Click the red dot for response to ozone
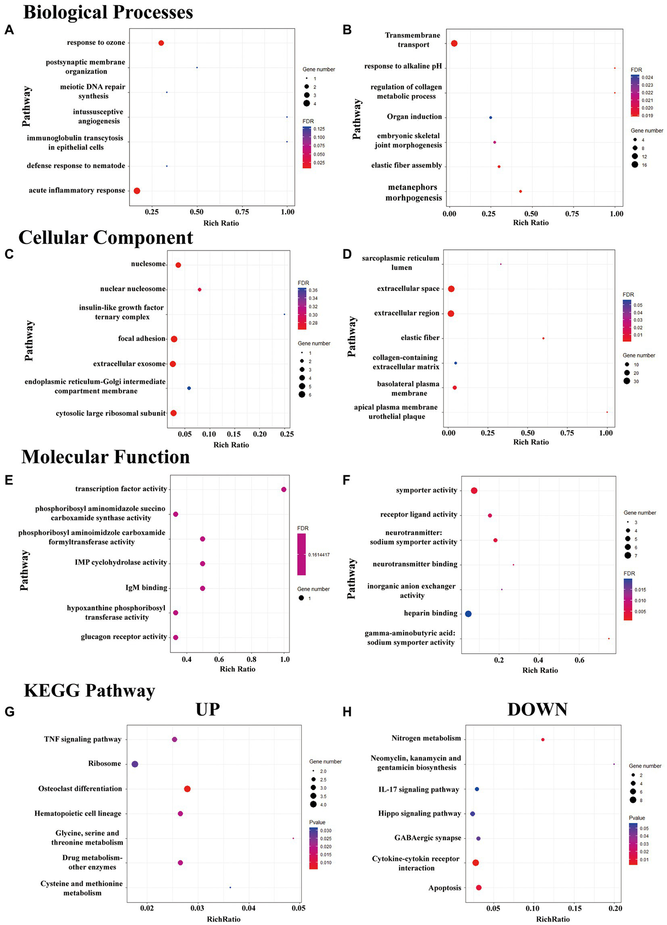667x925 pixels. tap(161, 43)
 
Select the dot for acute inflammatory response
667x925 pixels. tap(137, 191)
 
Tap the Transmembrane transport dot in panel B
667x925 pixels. tap(454, 43)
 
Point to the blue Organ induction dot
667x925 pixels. tap(491, 118)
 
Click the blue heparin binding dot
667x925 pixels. tap(468, 614)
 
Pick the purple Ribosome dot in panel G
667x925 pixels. tap(135, 764)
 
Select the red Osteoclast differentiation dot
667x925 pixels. tap(187, 789)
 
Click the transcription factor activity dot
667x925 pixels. tap(284, 490)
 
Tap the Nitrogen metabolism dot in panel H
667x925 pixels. tap(543, 740)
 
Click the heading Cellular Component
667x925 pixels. tap(106, 238)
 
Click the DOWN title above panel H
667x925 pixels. tap(537, 710)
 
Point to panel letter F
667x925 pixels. tap(346, 481)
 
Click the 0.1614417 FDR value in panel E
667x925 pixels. tap(319, 555)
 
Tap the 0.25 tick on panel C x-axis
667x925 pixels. tap(287, 434)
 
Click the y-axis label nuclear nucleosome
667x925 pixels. tap(133, 289)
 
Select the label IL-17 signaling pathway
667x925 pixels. tap(418, 790)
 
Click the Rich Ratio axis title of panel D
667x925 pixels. tap(531, 442)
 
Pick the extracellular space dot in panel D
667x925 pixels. tap(451, 289)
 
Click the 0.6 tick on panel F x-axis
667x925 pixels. tap(579, 660)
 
